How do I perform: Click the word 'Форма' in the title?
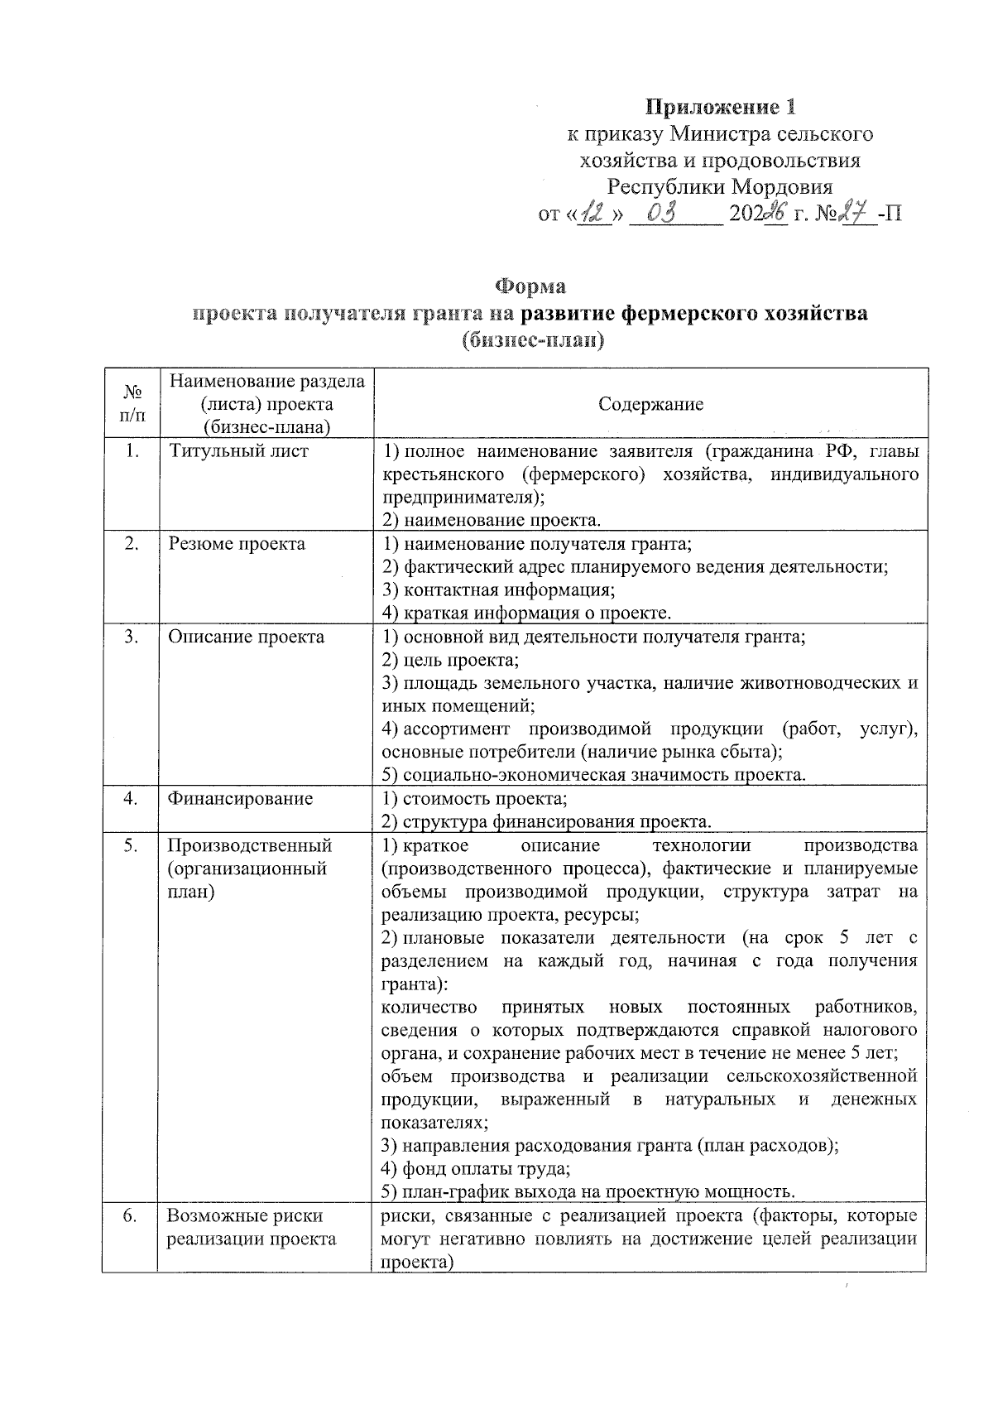point(530,286)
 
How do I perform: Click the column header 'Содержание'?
point(650,404)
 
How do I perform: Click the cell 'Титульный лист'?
point(238,451)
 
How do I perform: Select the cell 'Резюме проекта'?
point(237,544)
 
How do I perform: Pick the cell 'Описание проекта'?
point(247,637)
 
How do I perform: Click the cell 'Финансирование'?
point(240,799)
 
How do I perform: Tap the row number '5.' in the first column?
point(130,845)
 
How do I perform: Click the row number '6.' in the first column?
point(130,1216)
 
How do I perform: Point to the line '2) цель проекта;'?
point(450,661)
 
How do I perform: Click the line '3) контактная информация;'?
point(498,590)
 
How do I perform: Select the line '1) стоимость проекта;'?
point(474,799)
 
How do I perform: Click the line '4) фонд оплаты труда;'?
point(476,1169)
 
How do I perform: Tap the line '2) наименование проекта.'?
point(491,521)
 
